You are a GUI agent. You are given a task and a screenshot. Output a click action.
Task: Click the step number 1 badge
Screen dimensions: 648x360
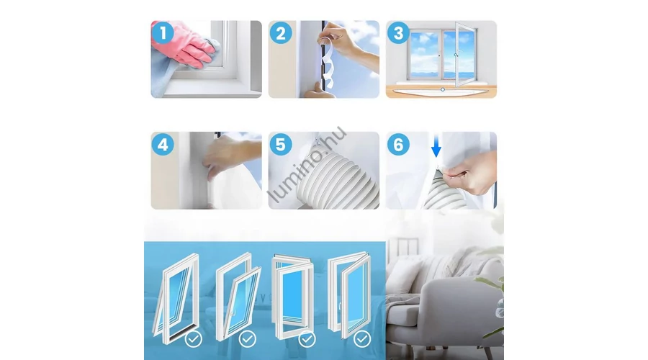pyautogui.click(x=163, y=32)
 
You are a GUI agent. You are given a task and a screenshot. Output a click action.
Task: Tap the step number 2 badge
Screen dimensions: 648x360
pyautogui.click(x=281, y=33)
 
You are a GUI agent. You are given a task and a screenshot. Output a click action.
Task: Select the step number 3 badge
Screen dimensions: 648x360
pyautogui.click(x=398, y=33)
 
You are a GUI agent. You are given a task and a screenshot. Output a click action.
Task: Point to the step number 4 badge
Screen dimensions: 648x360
pyautogui.click(x=163, y=145)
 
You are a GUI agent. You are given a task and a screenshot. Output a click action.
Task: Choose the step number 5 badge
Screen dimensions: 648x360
pyautogui.click(x=281, y=145)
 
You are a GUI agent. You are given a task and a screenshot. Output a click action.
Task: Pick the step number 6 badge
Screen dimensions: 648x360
pyautogui.click(x=398, y=145)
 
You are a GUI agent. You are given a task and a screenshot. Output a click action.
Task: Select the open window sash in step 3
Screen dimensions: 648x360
pyautogui.click(x=466, y=54)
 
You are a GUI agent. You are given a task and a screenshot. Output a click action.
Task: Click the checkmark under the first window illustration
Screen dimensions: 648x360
pyautogui.click(x=194, y=339)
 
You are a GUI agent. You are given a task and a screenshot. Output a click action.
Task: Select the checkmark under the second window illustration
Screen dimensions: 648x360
pyautogui.click(x=247, y=339)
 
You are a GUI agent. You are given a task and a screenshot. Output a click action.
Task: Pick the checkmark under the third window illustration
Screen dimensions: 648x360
pyautogui.click(x=307, y=339)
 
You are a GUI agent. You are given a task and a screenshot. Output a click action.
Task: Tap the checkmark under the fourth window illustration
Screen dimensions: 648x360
pyautogui.click(x=362, y=339)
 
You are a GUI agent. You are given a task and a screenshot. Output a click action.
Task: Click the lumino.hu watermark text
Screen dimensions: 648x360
pyautogui.click(x=306, y=164)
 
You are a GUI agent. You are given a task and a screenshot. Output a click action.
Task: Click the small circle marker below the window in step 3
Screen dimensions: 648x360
pyautogui.click(x=443, y=90)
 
